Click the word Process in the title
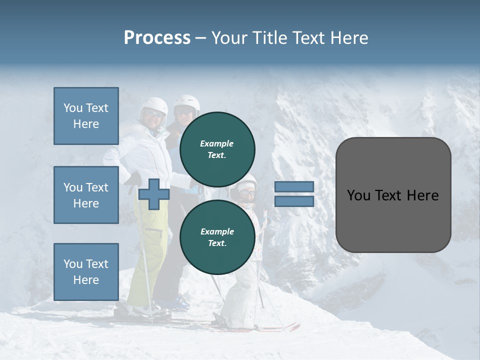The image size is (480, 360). pos(157,38)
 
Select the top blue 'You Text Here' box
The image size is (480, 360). pos(86,116)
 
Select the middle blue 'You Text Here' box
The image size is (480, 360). pos(86,195)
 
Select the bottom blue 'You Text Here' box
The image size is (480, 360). pos(86,272)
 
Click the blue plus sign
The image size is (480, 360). pos(153,194)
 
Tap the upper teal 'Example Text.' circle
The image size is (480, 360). pos(217,149)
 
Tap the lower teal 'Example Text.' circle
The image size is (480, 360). pos(217,237)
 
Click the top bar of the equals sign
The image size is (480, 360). pos(294,187)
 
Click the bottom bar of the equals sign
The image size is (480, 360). pos(294,201)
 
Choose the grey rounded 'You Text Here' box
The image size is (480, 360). pos(393,195)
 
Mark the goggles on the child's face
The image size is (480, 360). pos(246,191)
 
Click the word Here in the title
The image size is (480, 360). pos(349,38)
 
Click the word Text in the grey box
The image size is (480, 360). pos(392,195)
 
